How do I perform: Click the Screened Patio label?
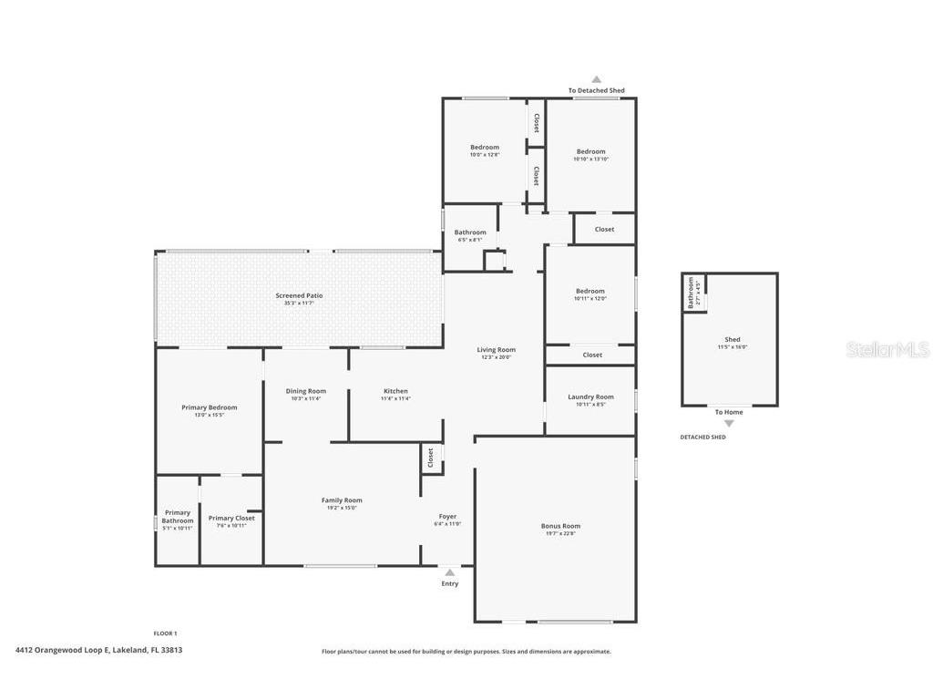tap(299, 295)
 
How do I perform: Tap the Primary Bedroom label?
tap(209, 407)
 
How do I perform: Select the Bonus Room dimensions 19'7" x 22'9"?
tap(560, 533)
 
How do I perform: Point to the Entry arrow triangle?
tap(449, 572)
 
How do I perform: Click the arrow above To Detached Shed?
tap(596, 80)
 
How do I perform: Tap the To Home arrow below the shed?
tap(728, 423)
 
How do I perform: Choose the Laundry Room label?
tap(590, 396)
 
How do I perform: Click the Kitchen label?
tap(395, 391)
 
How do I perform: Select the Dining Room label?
tap(305, 391)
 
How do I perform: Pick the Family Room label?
tap(342, 499)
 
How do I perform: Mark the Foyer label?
tap(447, 516)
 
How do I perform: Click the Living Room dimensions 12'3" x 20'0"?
tap(496, 357)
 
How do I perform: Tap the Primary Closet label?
tap(231, 518)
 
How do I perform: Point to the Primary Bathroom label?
tap(178, 517)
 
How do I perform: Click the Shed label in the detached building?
tap(733, 339)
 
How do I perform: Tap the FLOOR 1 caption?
tap(165, 633)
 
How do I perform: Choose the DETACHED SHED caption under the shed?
tap(702, 437)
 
